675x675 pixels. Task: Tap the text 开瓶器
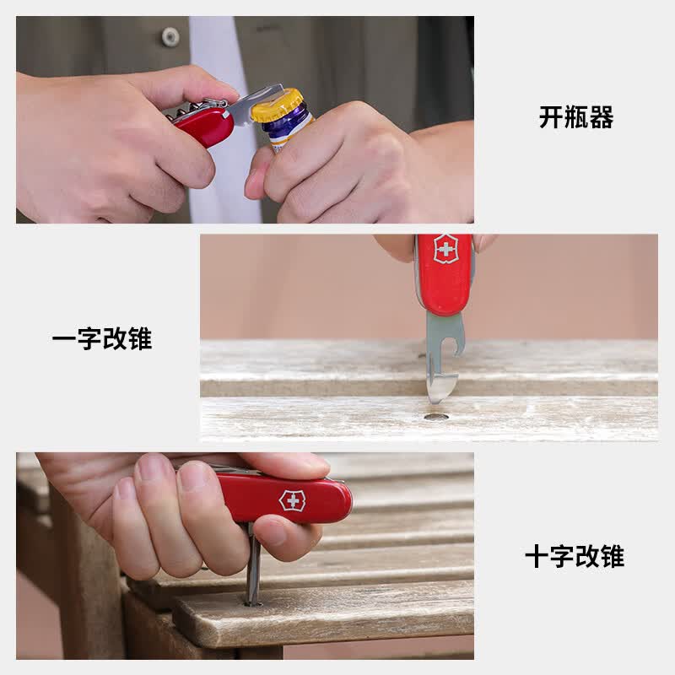576,117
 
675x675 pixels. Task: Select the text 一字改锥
102,339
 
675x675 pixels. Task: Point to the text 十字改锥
575,556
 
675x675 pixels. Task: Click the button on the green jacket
170,37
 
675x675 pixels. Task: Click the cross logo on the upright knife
446,249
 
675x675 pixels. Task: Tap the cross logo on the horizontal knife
293,500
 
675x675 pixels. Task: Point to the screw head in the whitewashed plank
435,417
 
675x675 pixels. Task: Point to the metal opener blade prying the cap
254,105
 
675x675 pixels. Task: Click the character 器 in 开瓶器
602,117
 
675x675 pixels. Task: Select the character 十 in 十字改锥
537,556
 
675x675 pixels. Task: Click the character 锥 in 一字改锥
140,339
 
